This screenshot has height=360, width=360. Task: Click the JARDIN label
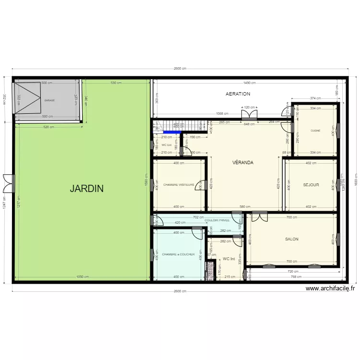pos(86,188)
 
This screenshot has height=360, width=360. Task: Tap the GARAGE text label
pos(49,100)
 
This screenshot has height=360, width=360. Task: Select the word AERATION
pos(238,94)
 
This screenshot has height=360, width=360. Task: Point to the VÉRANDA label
pos(242,162)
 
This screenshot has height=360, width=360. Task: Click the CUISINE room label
pos(315,131)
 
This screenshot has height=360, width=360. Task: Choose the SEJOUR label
pos(311,185)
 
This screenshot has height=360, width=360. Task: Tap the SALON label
pos(292,239)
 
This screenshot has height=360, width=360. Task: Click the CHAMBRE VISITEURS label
pos(179,185)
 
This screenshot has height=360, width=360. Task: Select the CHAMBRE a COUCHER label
pos(179,254)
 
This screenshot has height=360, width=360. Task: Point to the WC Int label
pos(229,259)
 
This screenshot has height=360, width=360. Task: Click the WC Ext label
pos(167,145)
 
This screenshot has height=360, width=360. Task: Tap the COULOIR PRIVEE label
pos(216,220)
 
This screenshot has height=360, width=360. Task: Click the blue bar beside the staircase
pos(171,132)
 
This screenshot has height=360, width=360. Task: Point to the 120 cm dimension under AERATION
pos(250,108)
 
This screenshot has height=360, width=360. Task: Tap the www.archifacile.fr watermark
pos(330,288)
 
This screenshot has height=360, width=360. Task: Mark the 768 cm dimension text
pos(296,277)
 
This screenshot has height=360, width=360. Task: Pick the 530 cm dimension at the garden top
pos(116,83)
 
